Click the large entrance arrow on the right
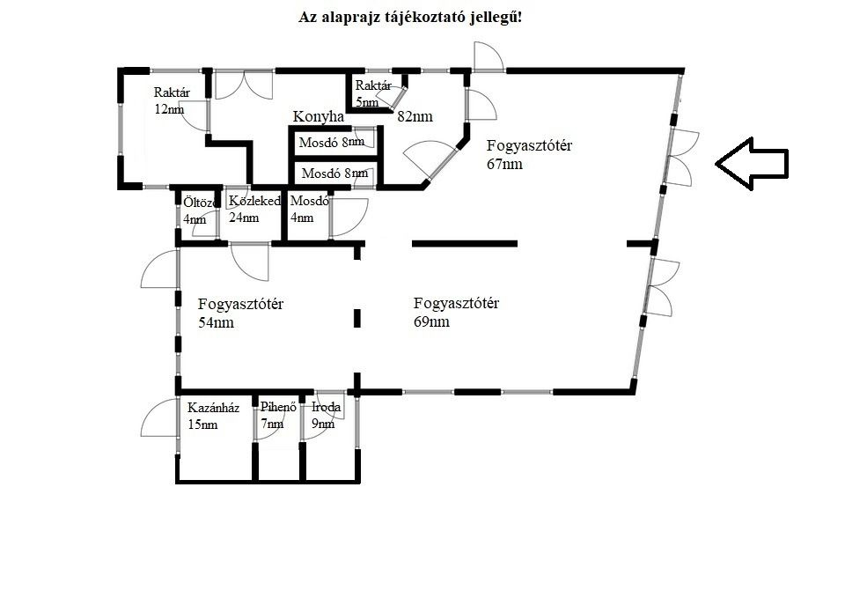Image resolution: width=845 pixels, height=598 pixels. tap(752, 164)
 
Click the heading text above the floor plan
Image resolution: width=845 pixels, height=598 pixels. tap(410, 18)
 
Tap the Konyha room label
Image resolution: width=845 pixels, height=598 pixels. tap(318, 116)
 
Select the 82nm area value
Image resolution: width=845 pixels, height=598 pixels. tap(415, 116)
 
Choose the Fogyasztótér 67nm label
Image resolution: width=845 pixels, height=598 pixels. tap(529, 155)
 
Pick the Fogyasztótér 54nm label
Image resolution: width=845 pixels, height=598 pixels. tap(240, 314)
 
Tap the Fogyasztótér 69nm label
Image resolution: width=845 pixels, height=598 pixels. tap(456, 313)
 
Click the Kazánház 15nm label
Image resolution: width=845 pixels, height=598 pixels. tap(213, 416)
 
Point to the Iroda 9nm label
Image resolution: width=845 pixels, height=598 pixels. tap(326, 415)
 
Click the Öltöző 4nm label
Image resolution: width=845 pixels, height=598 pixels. tap(201, 210)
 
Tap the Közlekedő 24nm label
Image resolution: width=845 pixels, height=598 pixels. tap(254, 210)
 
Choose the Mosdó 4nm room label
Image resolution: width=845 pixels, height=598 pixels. tap(309, 210)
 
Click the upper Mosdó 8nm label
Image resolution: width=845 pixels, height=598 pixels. tap(332, 143)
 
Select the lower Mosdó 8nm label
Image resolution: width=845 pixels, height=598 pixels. tap(334, 173)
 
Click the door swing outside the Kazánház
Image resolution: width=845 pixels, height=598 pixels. tap(159, 417)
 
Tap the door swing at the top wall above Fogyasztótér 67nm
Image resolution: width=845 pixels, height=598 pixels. tap(489, 56)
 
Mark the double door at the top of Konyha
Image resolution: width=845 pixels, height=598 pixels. tap(244, 85)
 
